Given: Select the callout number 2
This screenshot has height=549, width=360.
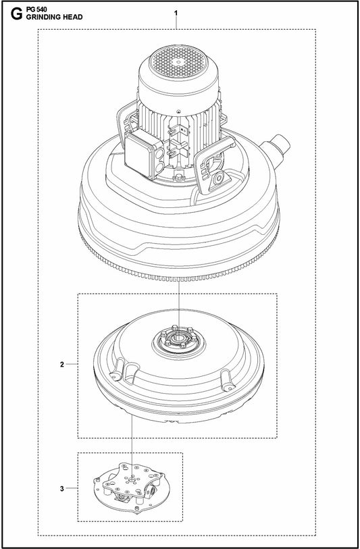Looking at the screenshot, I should (61, 365).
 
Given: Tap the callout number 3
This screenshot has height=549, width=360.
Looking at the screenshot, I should (61, 487).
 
